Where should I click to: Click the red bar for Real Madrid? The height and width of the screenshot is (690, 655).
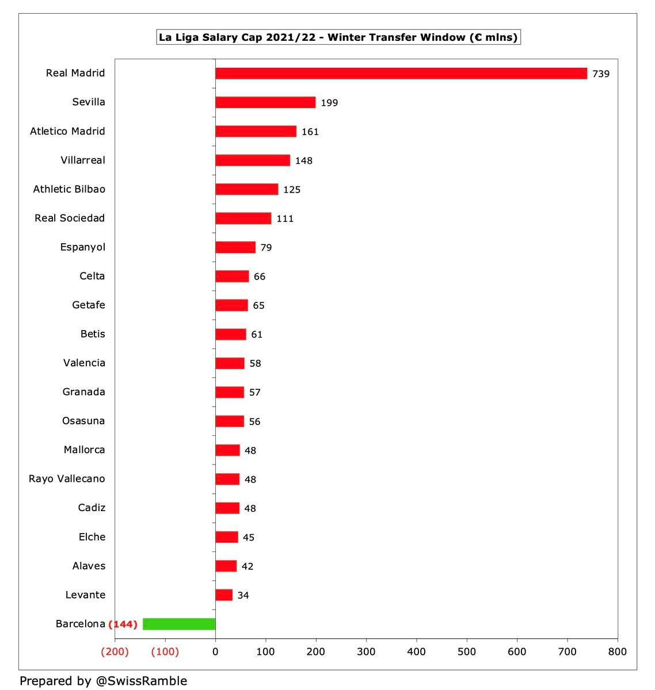coord(401,74)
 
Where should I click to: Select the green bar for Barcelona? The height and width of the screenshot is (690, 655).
coord(179,624)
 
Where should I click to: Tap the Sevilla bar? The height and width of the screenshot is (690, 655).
coord(265,102)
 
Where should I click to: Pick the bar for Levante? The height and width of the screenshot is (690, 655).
coord(224,595)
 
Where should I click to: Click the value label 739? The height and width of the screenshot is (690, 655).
coord(601,74)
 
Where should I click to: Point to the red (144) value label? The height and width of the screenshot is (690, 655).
coord(123,624)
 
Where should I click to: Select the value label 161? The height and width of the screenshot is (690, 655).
coord(310,132)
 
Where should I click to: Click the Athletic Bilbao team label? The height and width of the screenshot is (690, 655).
coord(69,189)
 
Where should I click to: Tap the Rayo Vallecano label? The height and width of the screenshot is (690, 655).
coord(67,479)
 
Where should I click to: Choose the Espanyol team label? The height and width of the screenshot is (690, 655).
coord(83,247)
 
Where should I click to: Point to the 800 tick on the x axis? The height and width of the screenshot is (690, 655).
coord(617,651)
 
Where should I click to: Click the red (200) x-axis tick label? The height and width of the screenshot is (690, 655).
coord(115,651)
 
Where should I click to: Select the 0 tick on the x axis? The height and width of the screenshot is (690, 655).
coord(215,651)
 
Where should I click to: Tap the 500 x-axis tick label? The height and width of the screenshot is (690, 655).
coord(466,651)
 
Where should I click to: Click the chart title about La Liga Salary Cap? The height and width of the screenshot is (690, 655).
coord(338,37)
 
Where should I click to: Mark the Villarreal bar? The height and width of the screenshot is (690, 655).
coord(253,160)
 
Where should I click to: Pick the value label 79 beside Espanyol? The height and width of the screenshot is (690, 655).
coord(266,248)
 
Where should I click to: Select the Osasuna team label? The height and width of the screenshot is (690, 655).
coord(83,421)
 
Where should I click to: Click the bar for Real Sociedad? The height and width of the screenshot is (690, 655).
coord(243,218)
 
